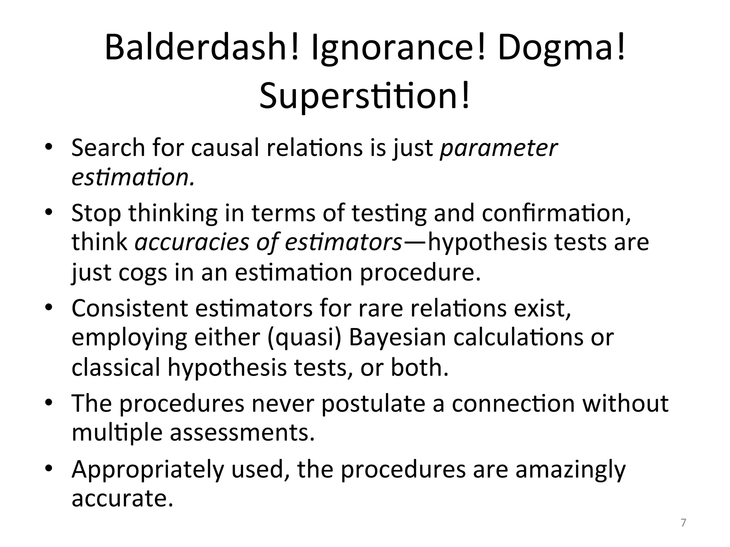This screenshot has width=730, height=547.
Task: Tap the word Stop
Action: [x=96, y=213]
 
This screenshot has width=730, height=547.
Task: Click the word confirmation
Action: [x=556, y=213]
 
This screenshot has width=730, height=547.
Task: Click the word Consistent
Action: [x=129, y=308]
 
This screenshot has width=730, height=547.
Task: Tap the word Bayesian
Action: [x=397, y=338]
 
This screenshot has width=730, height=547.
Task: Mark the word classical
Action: [x=116, y=367]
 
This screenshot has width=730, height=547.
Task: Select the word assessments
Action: [x=242, y=433]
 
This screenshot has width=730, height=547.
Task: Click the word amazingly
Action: [x=570, y=469]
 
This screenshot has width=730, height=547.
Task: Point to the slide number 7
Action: [x=683, y=523]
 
